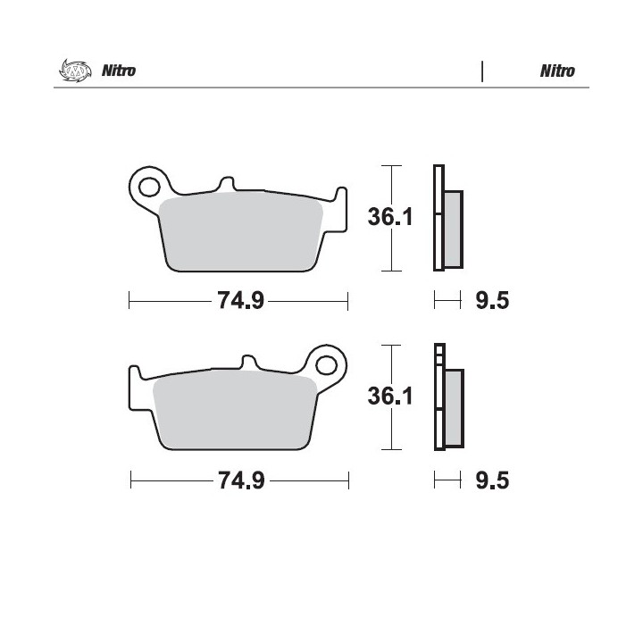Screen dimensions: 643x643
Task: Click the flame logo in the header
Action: coord(75,71)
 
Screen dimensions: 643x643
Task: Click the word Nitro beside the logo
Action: coord(119,71)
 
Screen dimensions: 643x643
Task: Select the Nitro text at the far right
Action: coord(557,71)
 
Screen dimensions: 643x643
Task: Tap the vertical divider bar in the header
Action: coord(482,71)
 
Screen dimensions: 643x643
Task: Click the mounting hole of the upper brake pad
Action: coord(149,188)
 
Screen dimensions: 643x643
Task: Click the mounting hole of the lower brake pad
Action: coord(327,365)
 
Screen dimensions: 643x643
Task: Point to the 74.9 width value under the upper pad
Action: coord(241,300)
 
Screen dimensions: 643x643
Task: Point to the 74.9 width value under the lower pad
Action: coord(241,480)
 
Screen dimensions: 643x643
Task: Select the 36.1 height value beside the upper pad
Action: coord(390,217)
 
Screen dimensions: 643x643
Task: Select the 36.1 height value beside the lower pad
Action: coord(390,397)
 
